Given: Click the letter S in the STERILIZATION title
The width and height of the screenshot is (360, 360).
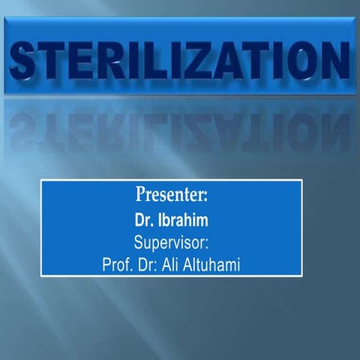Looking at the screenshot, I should (28, 60).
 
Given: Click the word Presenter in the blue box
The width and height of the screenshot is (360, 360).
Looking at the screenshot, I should (171, 197).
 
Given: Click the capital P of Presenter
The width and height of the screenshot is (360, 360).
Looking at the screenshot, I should (141, 196).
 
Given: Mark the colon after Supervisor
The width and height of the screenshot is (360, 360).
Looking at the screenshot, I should (205, 244).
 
